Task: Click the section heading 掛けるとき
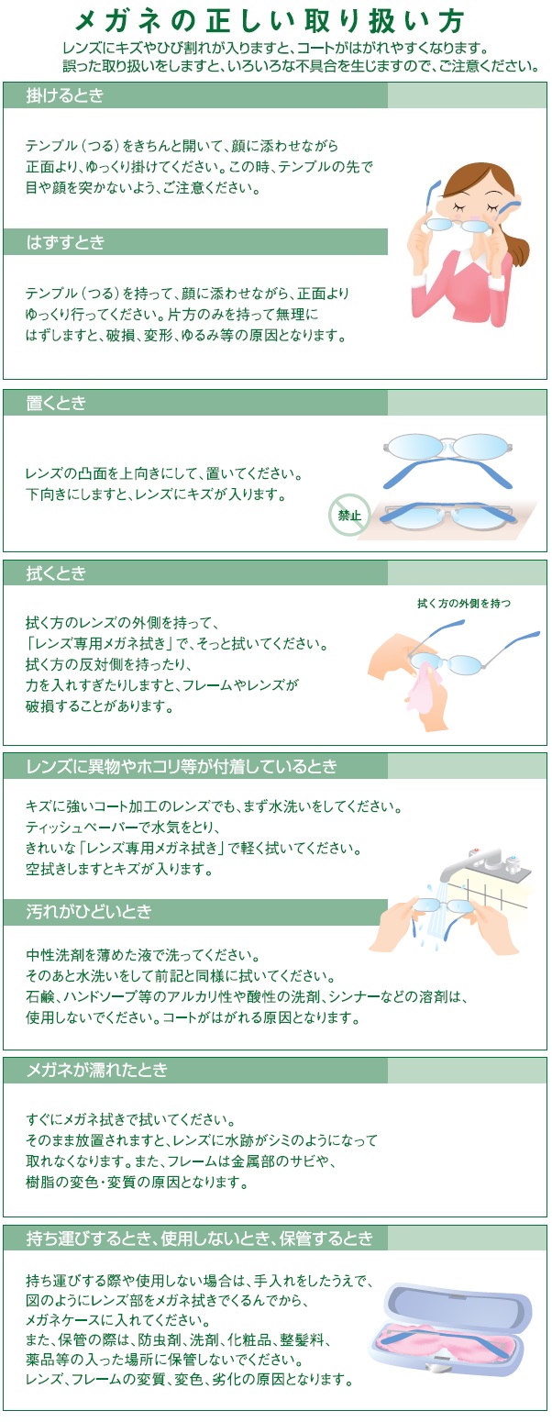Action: [65, 95]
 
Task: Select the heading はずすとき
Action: [66, 242]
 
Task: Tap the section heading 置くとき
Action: [57, 404]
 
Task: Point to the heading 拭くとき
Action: [57, 573]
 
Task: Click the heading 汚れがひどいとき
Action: [89, 913]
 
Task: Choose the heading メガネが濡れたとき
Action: [97, 1071]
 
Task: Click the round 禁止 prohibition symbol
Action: [349, 516]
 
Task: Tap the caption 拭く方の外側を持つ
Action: [463, 603]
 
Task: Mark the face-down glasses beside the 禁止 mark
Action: [449, 515]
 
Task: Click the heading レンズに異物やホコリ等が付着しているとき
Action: [182, 766]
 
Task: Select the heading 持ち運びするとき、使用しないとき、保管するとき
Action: [200, 1239]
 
